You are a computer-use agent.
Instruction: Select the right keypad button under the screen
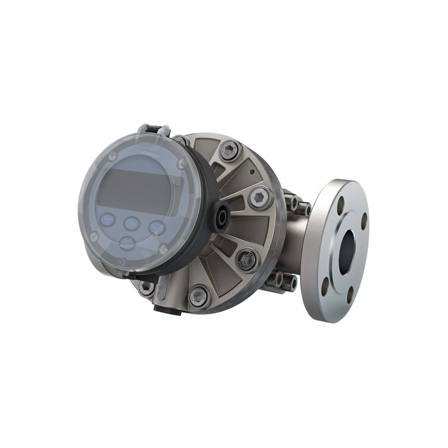tap(157, 227)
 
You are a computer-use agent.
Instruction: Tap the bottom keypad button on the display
tap(127, 243)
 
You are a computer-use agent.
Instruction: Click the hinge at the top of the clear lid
tap(154, 131)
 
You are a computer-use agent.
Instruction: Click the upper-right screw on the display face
tap(182, 164)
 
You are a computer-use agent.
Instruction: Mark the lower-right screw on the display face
tap(163, 249)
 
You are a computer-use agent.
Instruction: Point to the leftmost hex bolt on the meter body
tap(147, 287)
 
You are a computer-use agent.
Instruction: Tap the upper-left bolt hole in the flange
tap(340, 206)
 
